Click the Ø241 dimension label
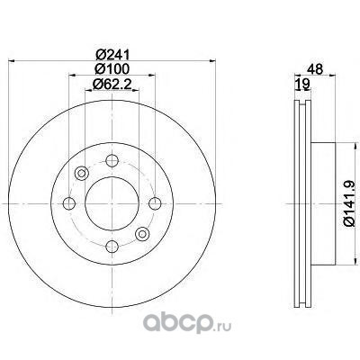pyautogui.click(x=112, y=55)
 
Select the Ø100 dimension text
pyautogui.click(x=112, y=69)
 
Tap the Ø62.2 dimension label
pyautogui.click(x=112, y=84)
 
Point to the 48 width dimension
pyautogui.click(x=315, y=69)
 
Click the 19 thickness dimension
pyautogui.click(x=302, y=85)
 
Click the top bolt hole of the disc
pyautogui.click(x=112, y=161)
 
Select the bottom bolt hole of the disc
pyautogui.click(x=112, y=247)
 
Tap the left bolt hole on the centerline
pyautogui.click(x=69, y=203)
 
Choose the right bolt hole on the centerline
pyautogui.click(x=155, y=203)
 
